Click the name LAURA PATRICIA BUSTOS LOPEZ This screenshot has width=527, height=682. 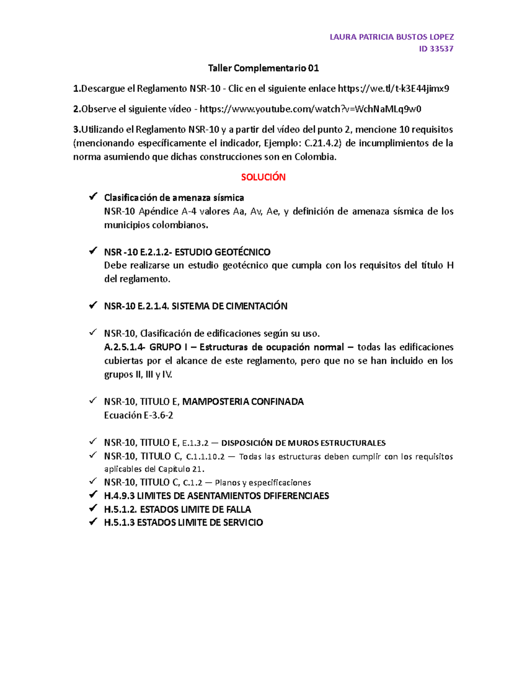click(391, 37)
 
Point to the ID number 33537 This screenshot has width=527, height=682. click(441, 49)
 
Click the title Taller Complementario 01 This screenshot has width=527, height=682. click(263, 68)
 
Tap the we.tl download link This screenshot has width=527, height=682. click(393, 89)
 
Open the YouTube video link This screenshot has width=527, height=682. click(310, 109)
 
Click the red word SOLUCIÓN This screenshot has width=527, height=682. click(263, 177)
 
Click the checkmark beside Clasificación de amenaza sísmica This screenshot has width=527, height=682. click(93, 197)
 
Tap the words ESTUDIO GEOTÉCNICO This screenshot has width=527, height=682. click(223, 252)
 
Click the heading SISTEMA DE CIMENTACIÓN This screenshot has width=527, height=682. click(229, 306)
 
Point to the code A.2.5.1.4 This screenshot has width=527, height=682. click(124, 347)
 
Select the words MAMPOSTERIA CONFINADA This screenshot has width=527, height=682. click(243, 401)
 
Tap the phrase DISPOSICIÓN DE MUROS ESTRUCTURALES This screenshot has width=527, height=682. click(303, 443)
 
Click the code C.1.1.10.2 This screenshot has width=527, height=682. click(205, 457)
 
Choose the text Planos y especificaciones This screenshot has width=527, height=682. click(263, 483)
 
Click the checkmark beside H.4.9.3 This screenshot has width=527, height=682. click(93, 495)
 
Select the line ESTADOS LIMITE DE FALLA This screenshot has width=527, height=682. click(195, 509)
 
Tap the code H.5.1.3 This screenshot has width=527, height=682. click(119, 523)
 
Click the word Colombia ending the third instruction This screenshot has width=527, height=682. click(315, 157)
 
